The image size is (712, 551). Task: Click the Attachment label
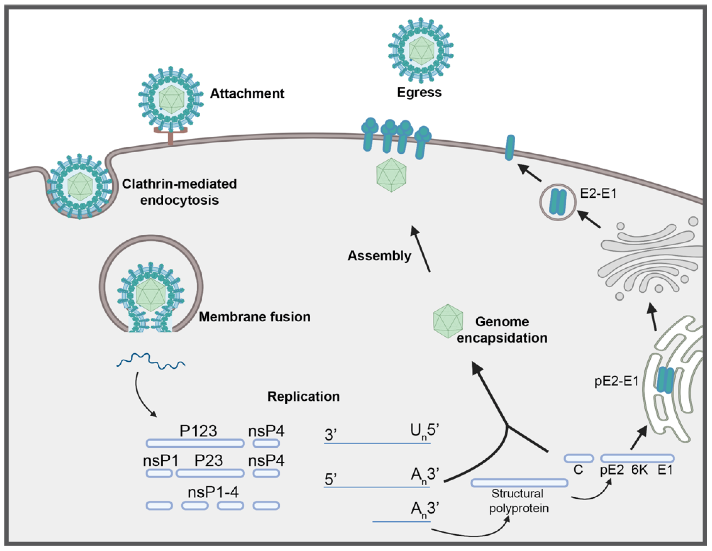(x=247, y=94)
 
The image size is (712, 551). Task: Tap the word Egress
(x=419, y=92)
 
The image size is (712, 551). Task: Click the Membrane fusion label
(x=254, y=317)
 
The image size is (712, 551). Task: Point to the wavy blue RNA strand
(x=151, y=361)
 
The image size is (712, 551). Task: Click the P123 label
(x=198, y=431)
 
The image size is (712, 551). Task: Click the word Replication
(x=303, y=397)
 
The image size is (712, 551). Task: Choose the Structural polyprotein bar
(x=519, y=483)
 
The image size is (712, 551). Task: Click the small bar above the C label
(x=578, y=458)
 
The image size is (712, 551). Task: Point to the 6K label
(x=639, y=470)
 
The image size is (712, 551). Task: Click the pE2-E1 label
(x=616, y=381)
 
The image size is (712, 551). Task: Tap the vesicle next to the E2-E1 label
(x=558, y=202)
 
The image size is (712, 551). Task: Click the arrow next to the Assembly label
(x=421, y=249)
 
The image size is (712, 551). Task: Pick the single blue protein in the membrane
(x=510, y=148)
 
